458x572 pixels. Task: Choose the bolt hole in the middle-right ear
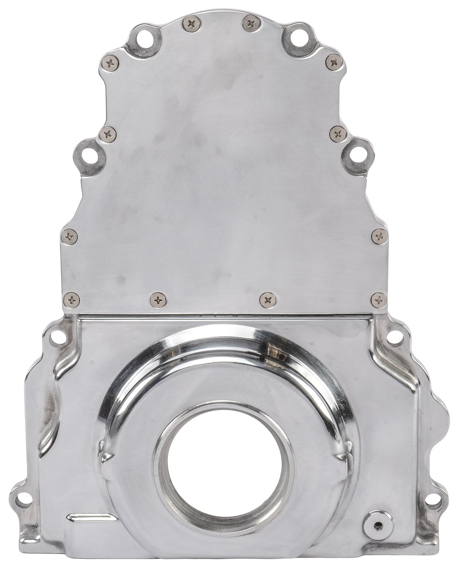[357, 156]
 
